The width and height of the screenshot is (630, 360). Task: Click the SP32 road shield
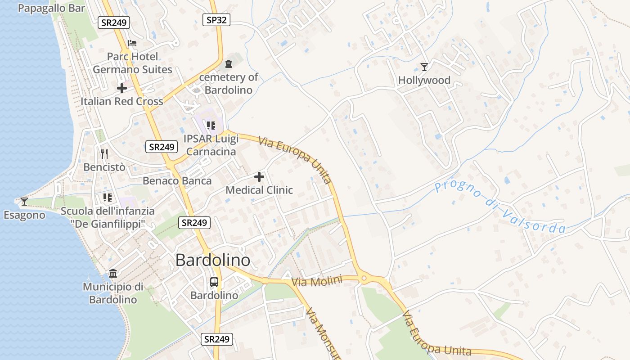tap(216, 19)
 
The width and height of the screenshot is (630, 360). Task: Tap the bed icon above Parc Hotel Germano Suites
tap(132, 43)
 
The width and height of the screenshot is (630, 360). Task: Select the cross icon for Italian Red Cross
tap(121, 88)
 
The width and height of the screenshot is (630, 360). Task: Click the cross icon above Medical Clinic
tap(259, 177)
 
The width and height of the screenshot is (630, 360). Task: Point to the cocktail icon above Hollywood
tap(424, 67)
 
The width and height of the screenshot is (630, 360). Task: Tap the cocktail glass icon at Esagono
tap(24, 202)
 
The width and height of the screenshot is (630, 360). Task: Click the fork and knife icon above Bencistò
tap(104, 154)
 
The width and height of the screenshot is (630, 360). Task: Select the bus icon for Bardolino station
tap(214, 282)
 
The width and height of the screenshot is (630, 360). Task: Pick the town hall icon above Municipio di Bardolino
tap(113, 273)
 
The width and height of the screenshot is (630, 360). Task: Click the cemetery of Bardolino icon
tap(229, 64)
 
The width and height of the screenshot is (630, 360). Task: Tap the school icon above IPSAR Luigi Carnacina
tap(211, 125)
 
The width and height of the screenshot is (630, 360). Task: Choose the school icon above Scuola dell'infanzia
tap(108, 197)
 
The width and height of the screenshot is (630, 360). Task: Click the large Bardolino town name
tap(212, 260)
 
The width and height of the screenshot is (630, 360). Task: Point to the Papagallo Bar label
tap(51, 8)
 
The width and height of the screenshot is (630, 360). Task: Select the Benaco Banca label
tap(177, 181)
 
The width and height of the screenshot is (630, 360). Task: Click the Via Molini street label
tap(317, 282)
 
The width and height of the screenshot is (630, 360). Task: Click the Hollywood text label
tap(424, 81)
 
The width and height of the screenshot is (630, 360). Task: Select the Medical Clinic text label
tap(259, 190)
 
